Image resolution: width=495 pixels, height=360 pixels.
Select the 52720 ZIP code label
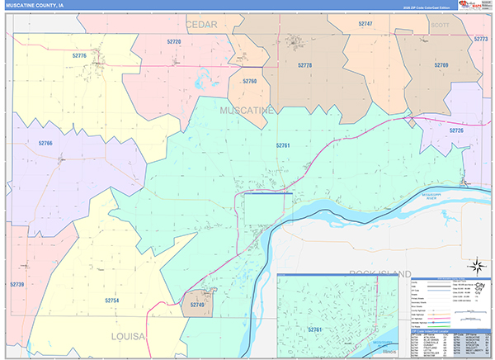click(x=174, y=40)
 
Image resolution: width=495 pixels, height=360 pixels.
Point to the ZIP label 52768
click(x=250, y=81)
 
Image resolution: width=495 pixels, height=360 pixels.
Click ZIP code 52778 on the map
click(x=304, y=64)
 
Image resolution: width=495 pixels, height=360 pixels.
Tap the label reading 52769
click(x=441, y=64)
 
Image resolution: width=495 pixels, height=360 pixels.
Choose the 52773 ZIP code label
click(x=481, y=40)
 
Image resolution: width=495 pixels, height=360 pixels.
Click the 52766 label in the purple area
click(x=45, y=143)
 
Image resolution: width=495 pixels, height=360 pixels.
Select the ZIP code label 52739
click(x=17, y=284)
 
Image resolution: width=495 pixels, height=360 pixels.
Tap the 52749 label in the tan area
click(x=196, y=305)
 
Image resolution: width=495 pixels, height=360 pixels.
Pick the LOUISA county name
click(x=128, y=337)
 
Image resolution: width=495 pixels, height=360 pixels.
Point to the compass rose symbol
click(x=476, y=266)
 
